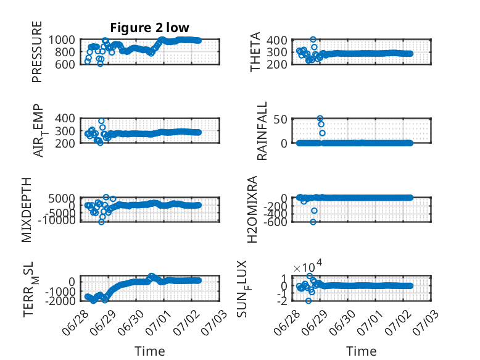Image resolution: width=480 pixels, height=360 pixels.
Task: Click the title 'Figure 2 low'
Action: pos(150,28)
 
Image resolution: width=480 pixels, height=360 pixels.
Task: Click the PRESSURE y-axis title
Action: pos(37,52)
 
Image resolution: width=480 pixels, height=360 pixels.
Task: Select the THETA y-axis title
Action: pos(255,52)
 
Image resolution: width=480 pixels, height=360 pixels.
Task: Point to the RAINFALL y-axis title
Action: pos(262,131)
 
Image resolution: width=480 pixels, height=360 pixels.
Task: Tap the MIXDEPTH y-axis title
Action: pos(27,209)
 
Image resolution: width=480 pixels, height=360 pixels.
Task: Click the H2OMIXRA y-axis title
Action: pos(252,209)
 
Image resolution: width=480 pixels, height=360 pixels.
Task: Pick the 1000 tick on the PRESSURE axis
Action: pos(62,40)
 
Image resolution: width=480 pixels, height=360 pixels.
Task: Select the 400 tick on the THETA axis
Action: pos(277,40)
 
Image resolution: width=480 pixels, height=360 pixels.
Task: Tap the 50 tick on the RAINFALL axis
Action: pos(280,119)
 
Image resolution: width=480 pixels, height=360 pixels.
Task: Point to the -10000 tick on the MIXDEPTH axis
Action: pos(57,220)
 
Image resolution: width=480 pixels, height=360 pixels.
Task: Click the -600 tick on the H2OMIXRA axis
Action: pos(275,222)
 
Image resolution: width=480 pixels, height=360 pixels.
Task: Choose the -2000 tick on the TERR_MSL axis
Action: pos(60,301)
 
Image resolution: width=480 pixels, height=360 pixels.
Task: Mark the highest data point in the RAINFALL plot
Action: pos(320,119)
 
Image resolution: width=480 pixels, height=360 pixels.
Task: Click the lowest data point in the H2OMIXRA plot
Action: pos(313,222)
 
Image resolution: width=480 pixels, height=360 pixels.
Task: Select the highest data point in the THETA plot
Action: pos(313,40)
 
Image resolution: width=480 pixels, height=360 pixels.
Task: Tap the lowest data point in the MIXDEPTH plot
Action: pos(101,222)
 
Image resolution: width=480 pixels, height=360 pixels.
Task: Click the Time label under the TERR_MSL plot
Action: pos(150,351)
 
